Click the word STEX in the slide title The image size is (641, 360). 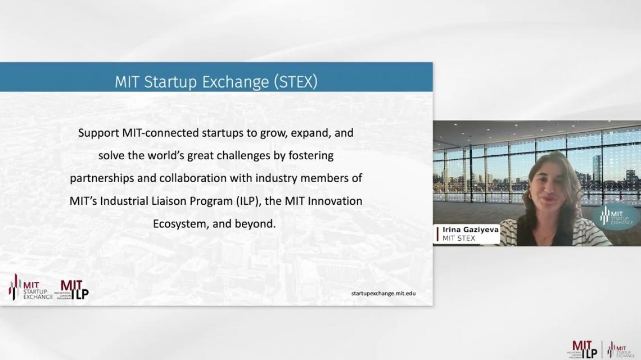pyautogui.click(x=296, y=82)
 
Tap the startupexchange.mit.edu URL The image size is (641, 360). pyautogui.click(x=383, y=293)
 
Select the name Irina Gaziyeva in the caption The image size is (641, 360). pyautogui.click(x=471, y=229)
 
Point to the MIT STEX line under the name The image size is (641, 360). pyautogui.click(x=459, y=238)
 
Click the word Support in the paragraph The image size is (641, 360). pyautogui.click(x=98, y=133)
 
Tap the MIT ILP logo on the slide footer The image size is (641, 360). pyautogui.click(x=72, y=290)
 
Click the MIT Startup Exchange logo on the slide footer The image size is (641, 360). pyautogui.click(x=31, y=287)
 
